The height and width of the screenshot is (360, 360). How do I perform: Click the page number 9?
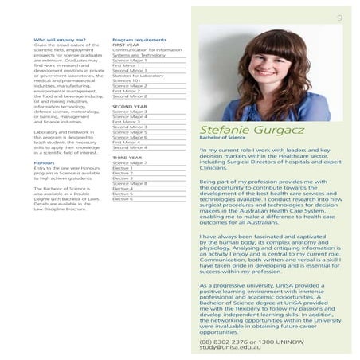(x=339, y=18)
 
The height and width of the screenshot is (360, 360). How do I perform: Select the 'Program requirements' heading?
(x=139, y=38)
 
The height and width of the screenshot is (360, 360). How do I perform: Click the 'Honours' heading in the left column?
(x=45, y=162)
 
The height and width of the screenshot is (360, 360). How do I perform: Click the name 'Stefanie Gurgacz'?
(x=246, y=128)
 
